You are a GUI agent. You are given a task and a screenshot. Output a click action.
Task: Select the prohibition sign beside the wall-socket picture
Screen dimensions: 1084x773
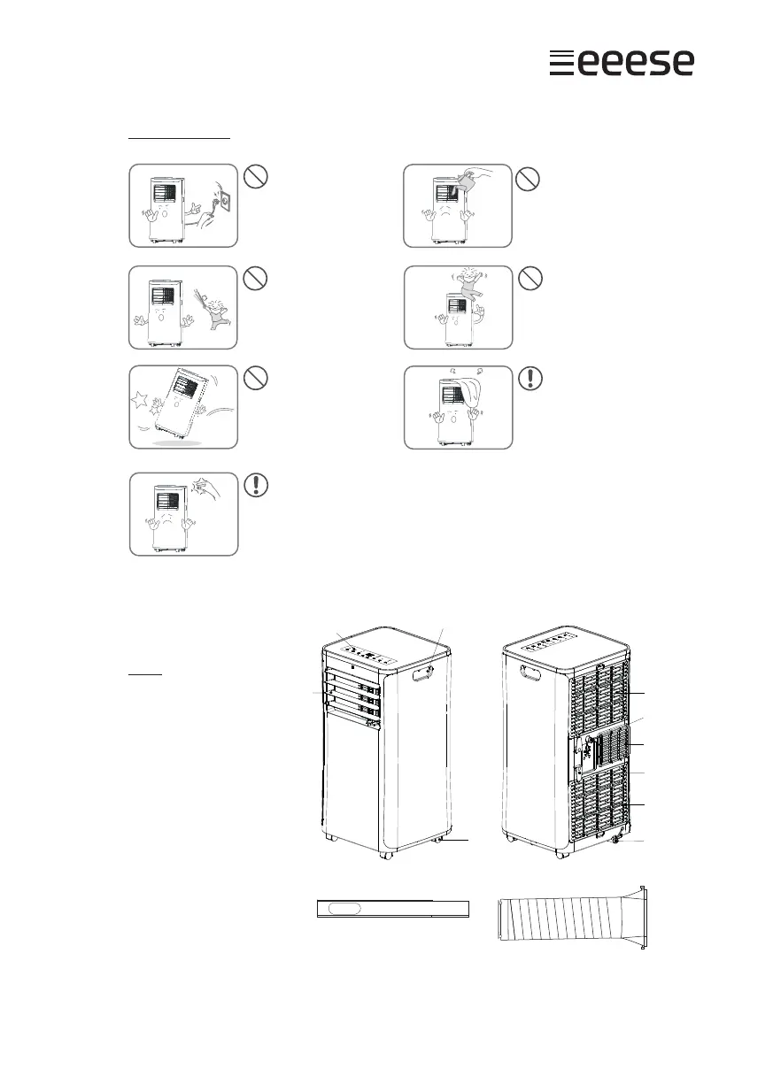(254, 177)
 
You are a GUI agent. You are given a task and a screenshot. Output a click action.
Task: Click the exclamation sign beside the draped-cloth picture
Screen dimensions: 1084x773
(529, 379)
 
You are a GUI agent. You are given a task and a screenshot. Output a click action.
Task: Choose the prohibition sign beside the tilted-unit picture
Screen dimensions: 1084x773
(254, 379)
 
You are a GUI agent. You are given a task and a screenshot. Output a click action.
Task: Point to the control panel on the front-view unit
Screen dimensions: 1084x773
(369, 656)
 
